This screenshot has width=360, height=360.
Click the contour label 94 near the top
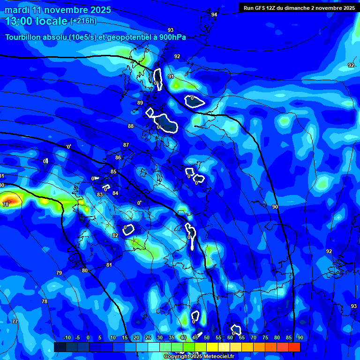click(214, 15)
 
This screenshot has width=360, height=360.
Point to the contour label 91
click(171, 76)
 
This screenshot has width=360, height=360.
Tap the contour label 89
click(140, 103)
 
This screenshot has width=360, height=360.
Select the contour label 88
click(131, 126)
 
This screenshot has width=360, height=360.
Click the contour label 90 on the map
click(275, 207)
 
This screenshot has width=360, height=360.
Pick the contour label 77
click(15, 322)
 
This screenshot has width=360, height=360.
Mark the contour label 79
click(59, 273)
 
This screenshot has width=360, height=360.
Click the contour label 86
click(118, 157)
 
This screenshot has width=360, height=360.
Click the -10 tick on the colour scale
click(67, 338)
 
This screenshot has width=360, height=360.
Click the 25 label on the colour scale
click(148, 338)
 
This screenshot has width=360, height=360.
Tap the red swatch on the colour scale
click(294, 347)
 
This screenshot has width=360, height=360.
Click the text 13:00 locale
click(37, 21)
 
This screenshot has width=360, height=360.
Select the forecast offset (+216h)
click(83, 21)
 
